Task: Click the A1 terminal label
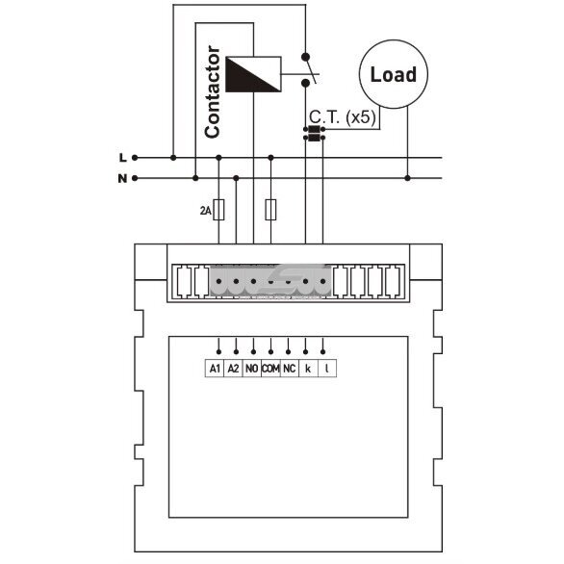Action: [215, 369]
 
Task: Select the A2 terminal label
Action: [233, 369]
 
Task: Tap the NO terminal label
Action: [252, 369]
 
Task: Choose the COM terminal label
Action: [270, 369]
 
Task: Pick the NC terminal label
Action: [289, 369]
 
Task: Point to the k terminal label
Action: [308, 369]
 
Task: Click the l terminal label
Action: [326, 369]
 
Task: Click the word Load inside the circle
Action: [394, 74]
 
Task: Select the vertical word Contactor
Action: [212, 91]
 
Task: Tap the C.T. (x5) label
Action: [343, 117]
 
